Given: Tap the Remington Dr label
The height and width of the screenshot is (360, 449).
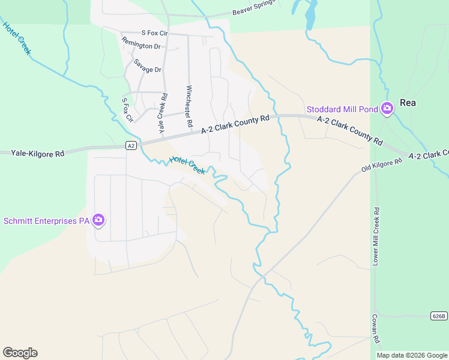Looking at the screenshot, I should point(141,43).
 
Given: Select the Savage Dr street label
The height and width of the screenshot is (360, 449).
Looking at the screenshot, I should point(148,66).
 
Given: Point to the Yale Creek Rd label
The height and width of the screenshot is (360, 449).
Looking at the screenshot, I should point(163,114).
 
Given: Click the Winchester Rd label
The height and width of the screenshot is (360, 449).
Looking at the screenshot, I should point(188,106).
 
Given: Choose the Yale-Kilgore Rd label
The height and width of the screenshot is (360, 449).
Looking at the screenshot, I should point(37,154).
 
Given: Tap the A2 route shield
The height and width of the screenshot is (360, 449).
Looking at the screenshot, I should point(131,145).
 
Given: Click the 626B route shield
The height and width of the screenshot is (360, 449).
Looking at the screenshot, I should point(439,316).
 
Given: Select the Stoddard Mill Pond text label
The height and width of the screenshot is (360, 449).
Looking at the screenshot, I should point(342,109).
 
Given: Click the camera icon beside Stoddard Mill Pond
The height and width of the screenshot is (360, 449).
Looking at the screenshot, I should point(387,109).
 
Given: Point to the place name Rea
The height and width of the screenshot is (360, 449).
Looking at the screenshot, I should point(408,103).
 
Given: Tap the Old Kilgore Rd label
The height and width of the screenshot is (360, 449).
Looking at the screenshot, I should point(382,163).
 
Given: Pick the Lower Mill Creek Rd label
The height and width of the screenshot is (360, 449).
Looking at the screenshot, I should point(376,236).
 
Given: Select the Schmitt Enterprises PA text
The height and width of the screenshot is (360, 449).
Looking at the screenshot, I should point(47,221).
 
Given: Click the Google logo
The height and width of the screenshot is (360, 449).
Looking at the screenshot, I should point(20,353).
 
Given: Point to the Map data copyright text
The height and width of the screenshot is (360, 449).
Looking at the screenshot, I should point(412,355).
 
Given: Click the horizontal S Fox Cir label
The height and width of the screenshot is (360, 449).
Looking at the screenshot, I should point(155,32).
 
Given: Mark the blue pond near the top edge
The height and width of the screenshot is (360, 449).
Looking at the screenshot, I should point(310,16).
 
